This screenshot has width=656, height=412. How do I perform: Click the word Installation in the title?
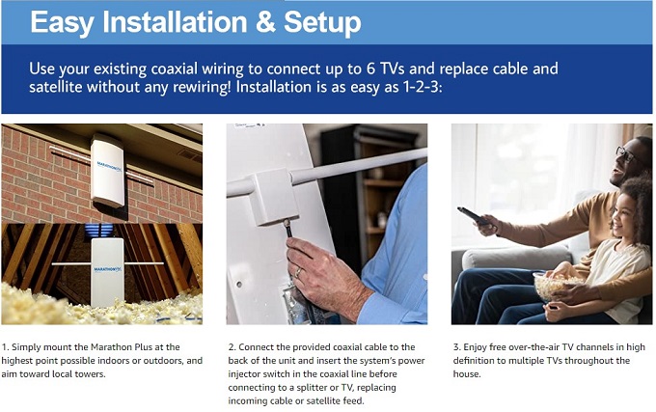pyautogui.click(x=175, y=22)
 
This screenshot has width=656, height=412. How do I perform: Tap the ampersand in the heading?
pyautogui.click(x=265, y=22)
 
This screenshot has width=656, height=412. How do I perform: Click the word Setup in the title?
pyautogui.click(x=322, y=23)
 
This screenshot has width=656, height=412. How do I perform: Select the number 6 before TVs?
pyautogui.click(x=370, y=69)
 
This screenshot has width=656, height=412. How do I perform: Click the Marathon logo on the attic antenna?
pyautogui.click(x=107, y=269)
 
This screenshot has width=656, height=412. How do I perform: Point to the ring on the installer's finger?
pyautogui.click(x=298, y=272)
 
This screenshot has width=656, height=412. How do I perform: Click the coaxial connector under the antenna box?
pyautogui.click(x=288, y=228)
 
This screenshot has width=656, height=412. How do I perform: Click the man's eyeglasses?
pyautogui.click(x=627, y=154)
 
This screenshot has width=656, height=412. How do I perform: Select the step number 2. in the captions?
pyautogui.click(x=232, y=347)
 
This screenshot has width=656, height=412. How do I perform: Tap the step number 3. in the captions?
pyautogui.click(x=457, y=347)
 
